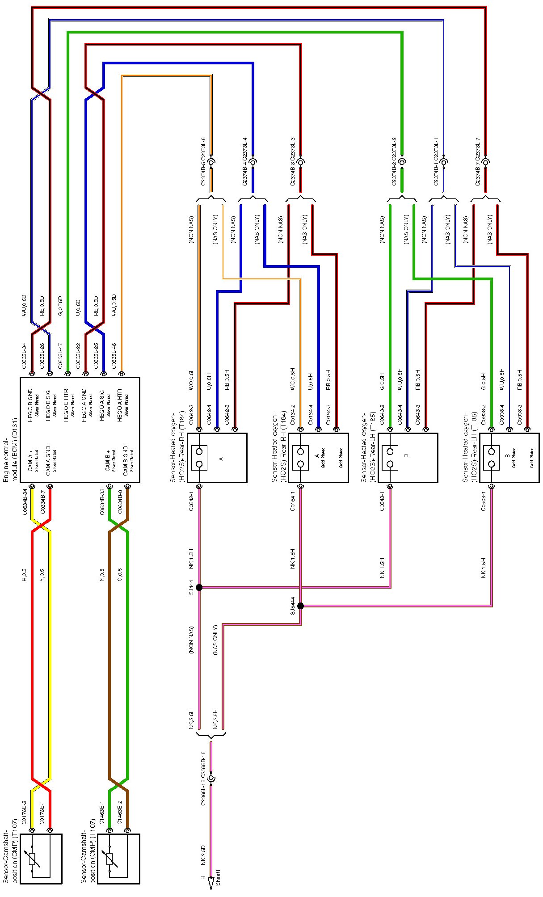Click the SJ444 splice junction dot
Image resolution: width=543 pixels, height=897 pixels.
tap(199, 587)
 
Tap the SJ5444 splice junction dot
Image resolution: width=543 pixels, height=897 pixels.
tap(301, 606)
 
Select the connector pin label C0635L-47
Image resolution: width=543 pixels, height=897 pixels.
tap(60, 356)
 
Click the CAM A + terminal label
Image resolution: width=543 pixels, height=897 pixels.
tap(30, 461)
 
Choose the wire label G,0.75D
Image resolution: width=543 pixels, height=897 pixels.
tap(60, 306)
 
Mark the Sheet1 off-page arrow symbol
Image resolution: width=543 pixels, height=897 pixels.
tap(210, 880)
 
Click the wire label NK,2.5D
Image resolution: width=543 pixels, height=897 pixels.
tap(203, 853)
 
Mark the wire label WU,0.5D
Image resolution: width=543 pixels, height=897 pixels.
tap(24, 306)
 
